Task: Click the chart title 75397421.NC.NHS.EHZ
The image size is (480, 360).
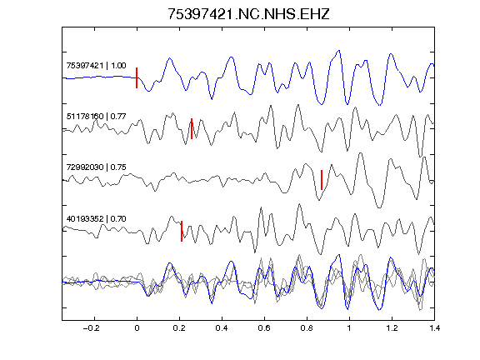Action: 248,14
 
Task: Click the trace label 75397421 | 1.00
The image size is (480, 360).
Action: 96,66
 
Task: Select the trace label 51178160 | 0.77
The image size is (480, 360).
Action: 96,117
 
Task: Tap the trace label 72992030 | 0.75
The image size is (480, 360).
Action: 96,167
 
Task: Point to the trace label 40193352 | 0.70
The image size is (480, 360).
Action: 96,219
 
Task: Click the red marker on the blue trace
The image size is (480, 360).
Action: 137,77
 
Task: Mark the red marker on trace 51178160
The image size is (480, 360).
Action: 192,128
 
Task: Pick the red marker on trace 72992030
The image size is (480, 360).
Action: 322,180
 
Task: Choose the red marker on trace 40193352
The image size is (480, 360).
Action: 182,231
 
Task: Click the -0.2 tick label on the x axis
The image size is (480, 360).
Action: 91,328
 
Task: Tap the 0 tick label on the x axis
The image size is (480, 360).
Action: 137,328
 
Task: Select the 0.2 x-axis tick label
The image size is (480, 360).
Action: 179,328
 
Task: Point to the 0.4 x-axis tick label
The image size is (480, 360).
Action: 222,328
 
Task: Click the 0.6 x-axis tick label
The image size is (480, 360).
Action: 264,328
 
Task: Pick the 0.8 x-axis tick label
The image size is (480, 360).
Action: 307,328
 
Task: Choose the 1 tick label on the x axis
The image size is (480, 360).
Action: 349,328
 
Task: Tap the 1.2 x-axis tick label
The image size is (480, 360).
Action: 392,328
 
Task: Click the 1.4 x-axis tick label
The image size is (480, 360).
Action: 434,328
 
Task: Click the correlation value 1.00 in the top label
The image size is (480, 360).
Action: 118,66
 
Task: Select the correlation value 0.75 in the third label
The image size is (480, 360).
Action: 118,167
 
